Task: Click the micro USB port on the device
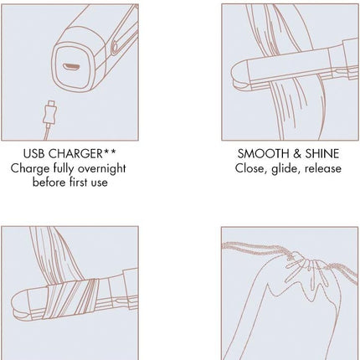(x=72, y=67)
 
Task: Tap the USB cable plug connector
(x=50, y=113)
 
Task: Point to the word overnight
(x=102, y=169)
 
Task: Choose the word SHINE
(x=322, y=154)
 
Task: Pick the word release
(x=323, y=168)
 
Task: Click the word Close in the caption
(x=251, y=168)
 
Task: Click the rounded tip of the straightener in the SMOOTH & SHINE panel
(x=238, y=75)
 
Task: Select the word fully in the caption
(x=64, y=169)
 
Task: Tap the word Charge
(x=30, y=169)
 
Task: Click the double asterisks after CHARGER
(x=110, y=152)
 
